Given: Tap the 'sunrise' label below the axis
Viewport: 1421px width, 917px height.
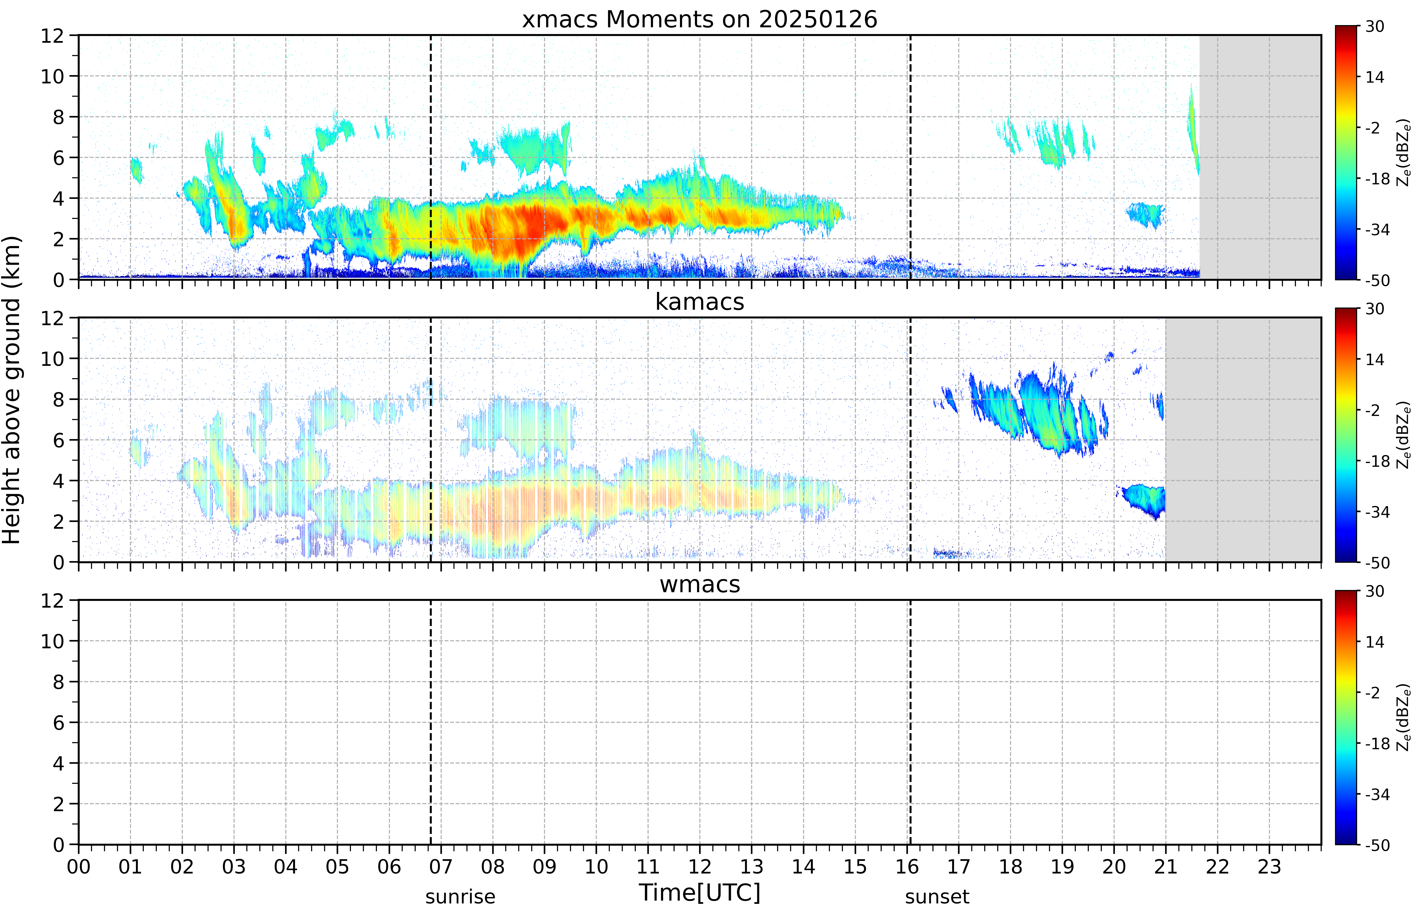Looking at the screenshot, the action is [460, 896].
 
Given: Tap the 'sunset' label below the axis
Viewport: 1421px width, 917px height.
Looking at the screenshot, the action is [937, 896].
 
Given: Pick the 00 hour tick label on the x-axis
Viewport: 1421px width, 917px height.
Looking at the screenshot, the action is [79, 866].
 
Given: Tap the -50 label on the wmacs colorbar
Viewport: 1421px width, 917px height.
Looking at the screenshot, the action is [1378, 845].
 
